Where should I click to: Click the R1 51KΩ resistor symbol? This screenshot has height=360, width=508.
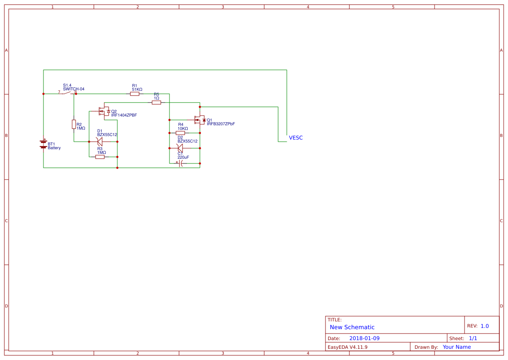pos(135,93)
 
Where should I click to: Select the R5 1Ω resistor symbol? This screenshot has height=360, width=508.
pos(156,102)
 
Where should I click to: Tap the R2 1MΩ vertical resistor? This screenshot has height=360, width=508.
pos(74,124)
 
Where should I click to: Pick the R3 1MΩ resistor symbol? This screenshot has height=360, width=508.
pos(100,157)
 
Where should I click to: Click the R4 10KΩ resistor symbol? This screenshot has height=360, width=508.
pos(180,133)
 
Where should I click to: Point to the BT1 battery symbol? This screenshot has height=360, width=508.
pos(43,144)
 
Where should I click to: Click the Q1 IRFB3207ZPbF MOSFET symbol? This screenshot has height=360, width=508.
pos(200,120)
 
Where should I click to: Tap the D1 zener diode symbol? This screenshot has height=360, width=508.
pos(100,141)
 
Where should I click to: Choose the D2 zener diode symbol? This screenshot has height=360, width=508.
pos(180,148)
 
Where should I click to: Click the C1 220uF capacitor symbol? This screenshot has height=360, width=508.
pos(180,163)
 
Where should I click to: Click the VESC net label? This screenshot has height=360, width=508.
pos(296,138)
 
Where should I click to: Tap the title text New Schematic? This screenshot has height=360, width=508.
pos(352,327)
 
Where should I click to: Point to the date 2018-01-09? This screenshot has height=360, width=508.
pos(364,338)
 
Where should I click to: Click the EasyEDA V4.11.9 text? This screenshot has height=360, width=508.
pos(347,347)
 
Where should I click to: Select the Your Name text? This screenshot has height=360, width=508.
pos(456,347)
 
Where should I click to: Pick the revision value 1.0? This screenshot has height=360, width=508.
pos(485,326)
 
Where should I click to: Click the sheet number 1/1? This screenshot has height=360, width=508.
pos(473,338)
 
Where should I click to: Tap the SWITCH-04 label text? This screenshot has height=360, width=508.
pos(73,89)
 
